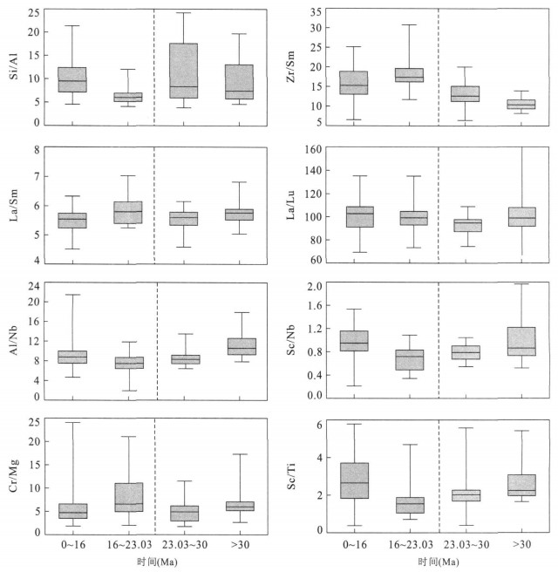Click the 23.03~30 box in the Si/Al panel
click(x=184, y=71)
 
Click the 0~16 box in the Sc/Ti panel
click(x=353, y=480)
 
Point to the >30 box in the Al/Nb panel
click(x=240, y=346)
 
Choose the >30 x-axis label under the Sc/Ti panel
click(x=521, y=543)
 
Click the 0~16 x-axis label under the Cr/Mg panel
click(x=72, y=543)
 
